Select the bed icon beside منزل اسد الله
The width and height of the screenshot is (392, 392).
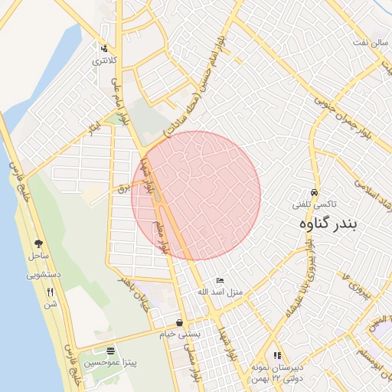point(221,281)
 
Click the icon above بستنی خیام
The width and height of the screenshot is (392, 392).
point(178,322)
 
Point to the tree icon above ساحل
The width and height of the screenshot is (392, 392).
point(38,243)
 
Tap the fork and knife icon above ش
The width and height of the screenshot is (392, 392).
point(51,292)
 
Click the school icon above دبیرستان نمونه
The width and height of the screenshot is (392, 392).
point(277,355)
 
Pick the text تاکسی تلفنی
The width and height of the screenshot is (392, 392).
point(315,205)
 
